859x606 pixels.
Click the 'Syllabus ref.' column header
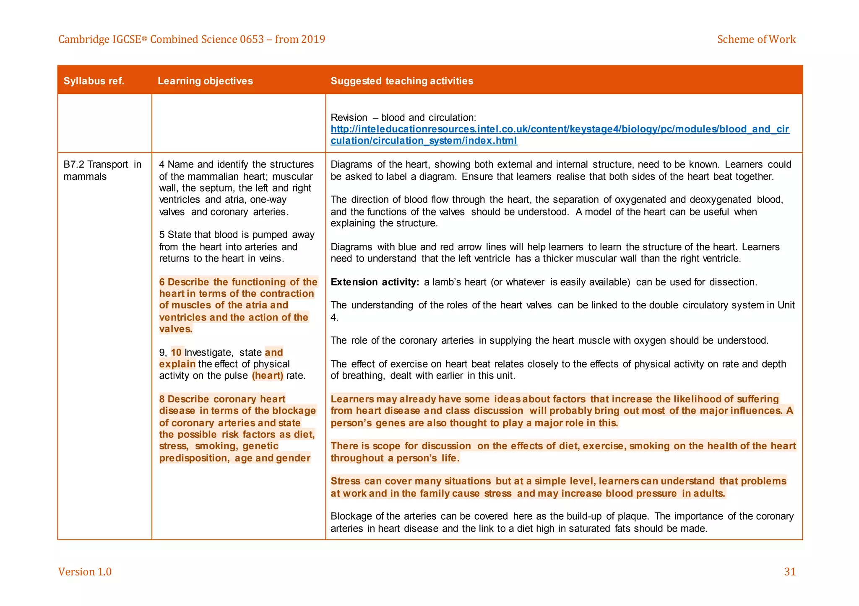(x=94, y=81)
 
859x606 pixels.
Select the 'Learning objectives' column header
(x=205, y=81)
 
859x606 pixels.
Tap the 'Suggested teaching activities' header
(x=401, y=81)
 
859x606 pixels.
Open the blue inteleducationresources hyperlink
(x=560, y=129)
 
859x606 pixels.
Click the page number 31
(x=789, y=572)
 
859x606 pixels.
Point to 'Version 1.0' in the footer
(x=85, y=572)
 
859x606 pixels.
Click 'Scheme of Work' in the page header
(x=756, y=39)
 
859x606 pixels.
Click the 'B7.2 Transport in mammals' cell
(x=102, y=170)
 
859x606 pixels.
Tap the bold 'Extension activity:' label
(x=375, y=282)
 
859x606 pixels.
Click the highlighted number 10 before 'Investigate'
(x=176, y=352)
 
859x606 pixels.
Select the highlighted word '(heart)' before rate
(x=268, y=376)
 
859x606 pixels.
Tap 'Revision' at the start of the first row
(x=349, y=118)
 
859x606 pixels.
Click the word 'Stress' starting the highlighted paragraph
(x=345, y=481)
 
